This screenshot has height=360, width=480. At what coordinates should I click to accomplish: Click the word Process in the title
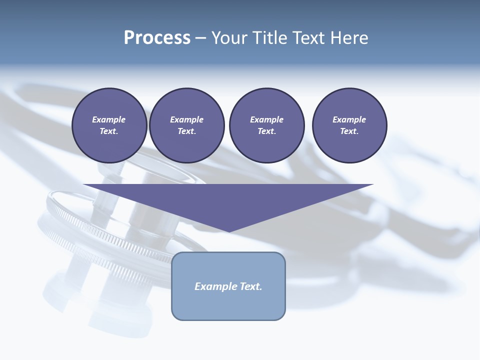click(x=157, y=38)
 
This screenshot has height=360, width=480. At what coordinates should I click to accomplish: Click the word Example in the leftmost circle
click(x=109, y=119)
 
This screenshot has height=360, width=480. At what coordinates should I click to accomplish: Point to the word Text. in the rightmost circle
click(x=349, y=131)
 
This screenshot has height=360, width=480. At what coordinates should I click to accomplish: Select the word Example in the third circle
click(x=266, y=119)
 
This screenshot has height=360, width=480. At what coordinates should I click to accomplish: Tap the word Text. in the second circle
click(x=186, y=131)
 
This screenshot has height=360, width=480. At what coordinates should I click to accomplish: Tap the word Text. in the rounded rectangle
click(x=251, y=286)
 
